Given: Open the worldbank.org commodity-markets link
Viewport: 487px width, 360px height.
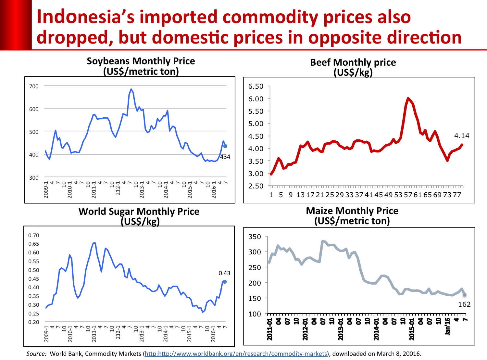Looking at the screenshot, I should (x=236, y=354).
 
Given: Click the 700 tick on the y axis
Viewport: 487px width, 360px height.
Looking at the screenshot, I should (x=34, y=86).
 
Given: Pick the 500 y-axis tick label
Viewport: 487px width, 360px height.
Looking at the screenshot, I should (x=34, y=132).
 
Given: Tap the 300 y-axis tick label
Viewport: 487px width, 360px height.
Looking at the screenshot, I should (x=34, y=178).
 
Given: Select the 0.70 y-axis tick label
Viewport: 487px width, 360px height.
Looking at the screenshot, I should (x=33, y=235).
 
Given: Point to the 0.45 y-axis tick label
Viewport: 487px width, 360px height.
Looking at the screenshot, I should (x=33, y=279).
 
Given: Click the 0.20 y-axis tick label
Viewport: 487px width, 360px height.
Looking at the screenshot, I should (x=33, y=322).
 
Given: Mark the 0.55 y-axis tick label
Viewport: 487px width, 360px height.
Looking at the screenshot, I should (x=33, y=261).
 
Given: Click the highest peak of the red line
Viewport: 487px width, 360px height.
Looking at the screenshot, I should (x=408, y=98).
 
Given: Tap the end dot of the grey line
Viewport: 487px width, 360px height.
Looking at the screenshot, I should (x=464, y=294).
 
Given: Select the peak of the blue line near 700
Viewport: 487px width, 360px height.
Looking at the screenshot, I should (x=131, y=89).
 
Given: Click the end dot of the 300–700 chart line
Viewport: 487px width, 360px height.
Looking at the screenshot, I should (x=225, y=146).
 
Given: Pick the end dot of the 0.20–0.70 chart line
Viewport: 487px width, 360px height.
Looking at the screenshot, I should (x=225, y=282).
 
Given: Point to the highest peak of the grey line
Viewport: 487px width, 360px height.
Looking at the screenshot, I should (x=323, y=241).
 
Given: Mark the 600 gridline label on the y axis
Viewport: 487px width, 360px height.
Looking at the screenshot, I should (x=34, y=109).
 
